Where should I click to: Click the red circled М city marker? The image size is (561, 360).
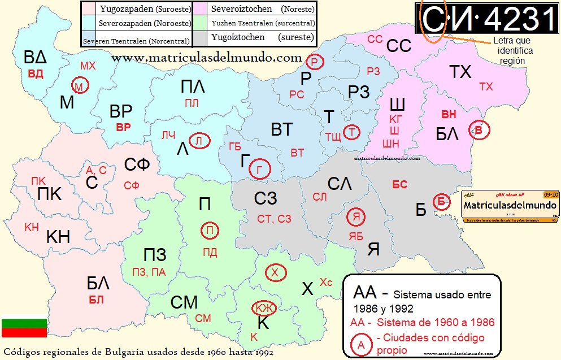pyautogui.click(x=80, y=86)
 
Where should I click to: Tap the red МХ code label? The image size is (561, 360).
pyautogui.click(x=88, y=66)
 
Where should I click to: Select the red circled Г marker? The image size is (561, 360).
pyautogui.click(x=260, y=168)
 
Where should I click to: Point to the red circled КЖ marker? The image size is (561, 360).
pyautogui.click(x=262, y=308)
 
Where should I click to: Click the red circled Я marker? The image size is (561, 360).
pyautogui.click(x=356, y=217)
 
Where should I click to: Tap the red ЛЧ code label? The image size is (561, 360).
pyautogui.click(x=168, y=135)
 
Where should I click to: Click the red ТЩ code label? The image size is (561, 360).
pyautogui.click(x=333, y=136)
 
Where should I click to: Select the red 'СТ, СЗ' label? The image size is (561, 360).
pyautogui.click(x=273, y=219)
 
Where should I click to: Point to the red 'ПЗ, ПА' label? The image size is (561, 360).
pyautogui.click(x=149, y=272)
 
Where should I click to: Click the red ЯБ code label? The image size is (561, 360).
pyautogui.click(x=356, y=236)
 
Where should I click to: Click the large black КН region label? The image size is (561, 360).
pyautogui.click(x=58, y=236)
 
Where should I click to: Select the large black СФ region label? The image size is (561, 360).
pyautogui.click(x=137, y=165)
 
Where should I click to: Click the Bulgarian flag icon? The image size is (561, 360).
pyautogui.click(x=24, y=327)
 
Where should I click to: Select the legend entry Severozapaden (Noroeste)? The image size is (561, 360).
pyautogui.click(x=136, y=24)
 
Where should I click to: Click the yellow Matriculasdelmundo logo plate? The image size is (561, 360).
pyautogui.click(x=511, y=206)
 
